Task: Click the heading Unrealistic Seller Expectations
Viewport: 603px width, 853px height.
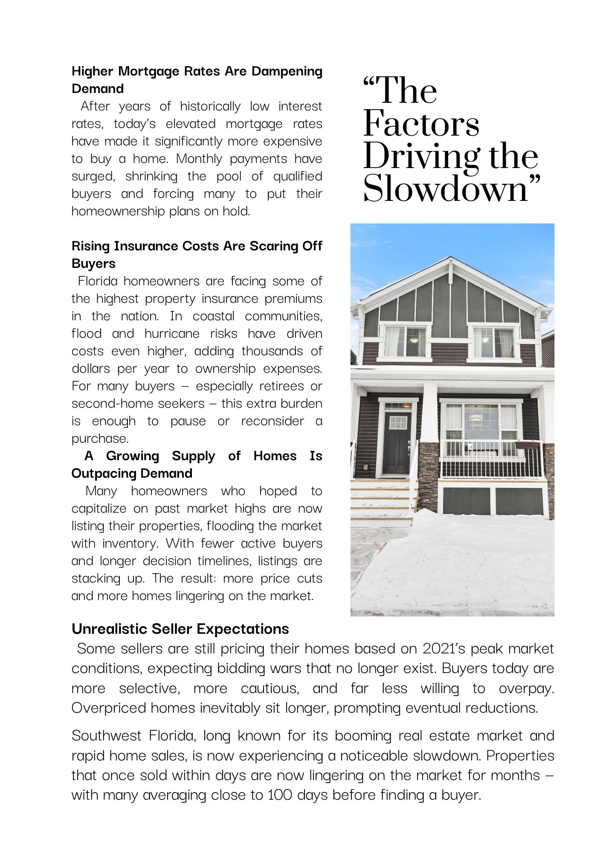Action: coord(180,629)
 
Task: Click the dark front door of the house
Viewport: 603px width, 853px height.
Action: coord(397,444)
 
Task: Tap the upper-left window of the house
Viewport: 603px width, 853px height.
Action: coord(405,342)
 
